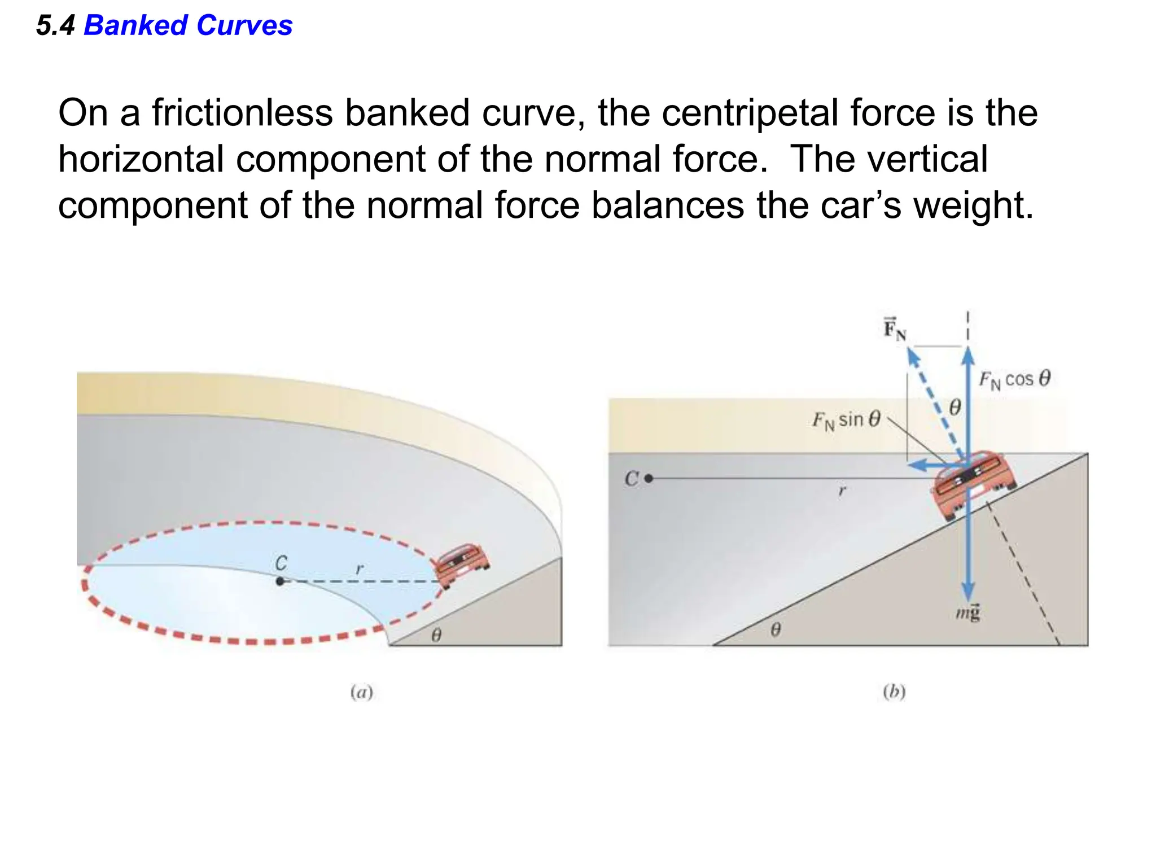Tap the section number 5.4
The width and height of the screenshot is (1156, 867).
(x=55, y=26)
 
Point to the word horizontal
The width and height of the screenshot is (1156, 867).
(x=141, y=159)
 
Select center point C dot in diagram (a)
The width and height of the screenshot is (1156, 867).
(x=280, y=581)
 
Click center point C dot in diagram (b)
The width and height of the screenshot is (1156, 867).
(x=649, y=479)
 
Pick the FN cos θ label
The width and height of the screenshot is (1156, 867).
(x=1014, y=379)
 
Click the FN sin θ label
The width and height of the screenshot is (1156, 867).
(x=846, y=421)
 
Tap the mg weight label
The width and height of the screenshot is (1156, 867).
(x=967, y=612)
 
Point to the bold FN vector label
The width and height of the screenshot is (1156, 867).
(x=894, y=330)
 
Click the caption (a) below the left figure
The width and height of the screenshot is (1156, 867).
(x=362, y=692)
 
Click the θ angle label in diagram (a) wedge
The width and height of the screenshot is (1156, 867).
(x=436, y=636)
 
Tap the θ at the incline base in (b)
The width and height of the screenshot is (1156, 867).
(x=776, y=629)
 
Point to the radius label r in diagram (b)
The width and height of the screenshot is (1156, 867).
(x=842, y=491)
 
